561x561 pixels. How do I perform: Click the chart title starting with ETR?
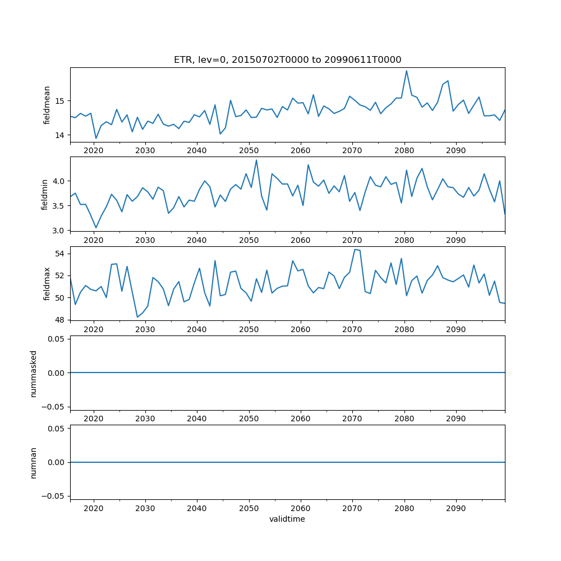coord(287,60)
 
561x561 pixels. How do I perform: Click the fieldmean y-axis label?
coord(47,105)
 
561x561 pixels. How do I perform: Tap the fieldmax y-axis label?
coord(47,283)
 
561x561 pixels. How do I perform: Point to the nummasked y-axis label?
coord(34,373)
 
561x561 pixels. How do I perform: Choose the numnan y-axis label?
coord(34,462)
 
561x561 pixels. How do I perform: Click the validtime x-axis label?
coord(287,519)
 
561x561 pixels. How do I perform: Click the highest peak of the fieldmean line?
coord(406,71)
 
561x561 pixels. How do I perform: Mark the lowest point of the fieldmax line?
coord(137,318)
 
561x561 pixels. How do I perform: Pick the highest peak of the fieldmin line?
coord(256,160)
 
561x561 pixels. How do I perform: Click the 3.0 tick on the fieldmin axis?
coord(58,231)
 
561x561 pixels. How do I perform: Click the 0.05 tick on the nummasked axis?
coord(56,339)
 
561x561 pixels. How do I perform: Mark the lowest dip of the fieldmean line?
coord(96,139)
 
